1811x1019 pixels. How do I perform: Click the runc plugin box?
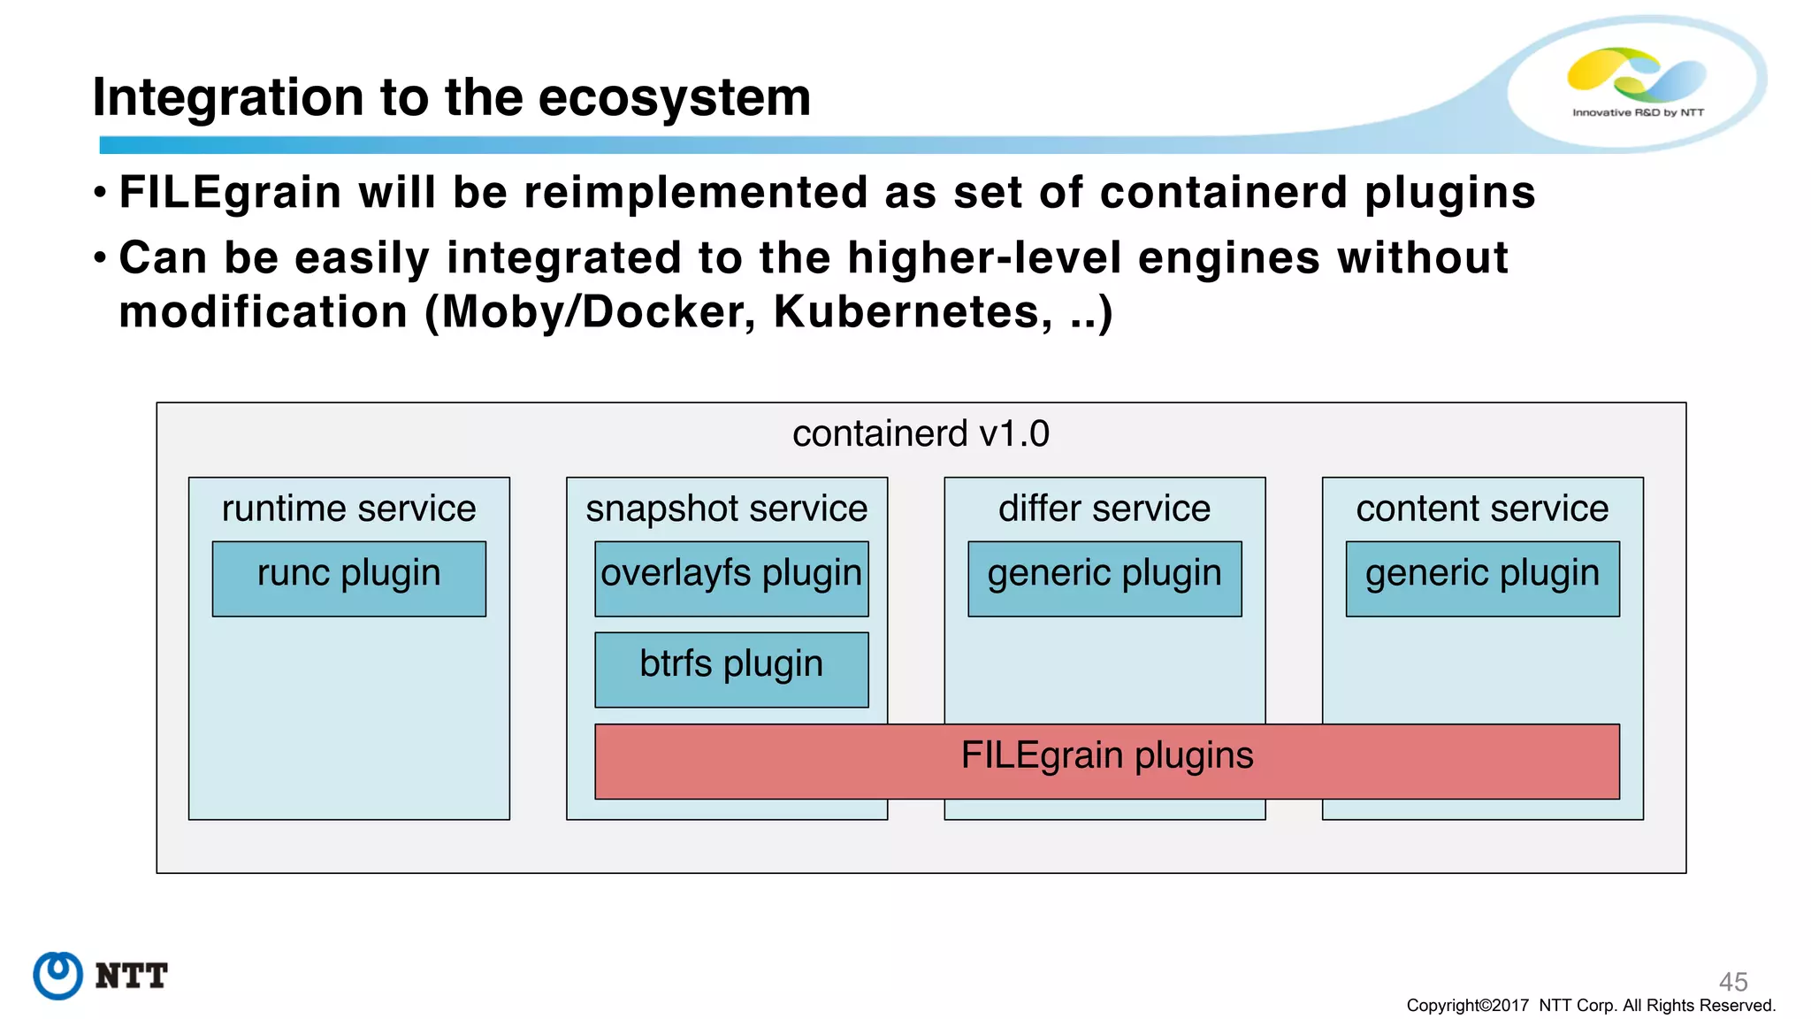348,578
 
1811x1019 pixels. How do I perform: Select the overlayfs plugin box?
731,578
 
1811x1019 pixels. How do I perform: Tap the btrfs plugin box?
731,670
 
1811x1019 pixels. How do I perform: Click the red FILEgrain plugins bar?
1106,761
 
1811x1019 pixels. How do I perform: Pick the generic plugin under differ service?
1104,578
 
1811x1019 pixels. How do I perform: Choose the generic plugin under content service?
1482,578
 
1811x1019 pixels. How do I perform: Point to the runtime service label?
348,509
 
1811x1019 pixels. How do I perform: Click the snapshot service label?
726,509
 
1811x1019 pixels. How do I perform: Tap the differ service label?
1104,509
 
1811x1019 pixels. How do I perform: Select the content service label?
1482,509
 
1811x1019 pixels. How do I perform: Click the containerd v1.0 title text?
921,433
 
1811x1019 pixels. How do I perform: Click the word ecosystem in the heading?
674,97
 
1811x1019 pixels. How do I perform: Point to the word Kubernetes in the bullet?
911,312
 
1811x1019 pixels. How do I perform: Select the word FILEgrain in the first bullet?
230,193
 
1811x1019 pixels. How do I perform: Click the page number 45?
1732,981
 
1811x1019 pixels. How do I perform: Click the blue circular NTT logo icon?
58,976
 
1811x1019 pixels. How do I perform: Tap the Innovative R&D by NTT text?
1638,112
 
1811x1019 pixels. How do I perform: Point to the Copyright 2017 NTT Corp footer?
1590,1006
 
